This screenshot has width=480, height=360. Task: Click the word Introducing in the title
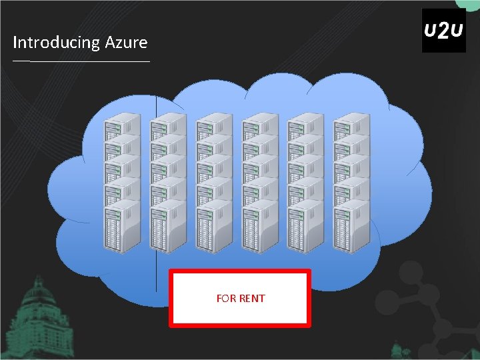click(56, 43)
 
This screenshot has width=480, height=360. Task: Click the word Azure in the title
click(126, 43)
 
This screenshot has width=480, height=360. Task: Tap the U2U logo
click(444, 31)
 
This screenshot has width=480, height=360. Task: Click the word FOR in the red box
click(226, 299)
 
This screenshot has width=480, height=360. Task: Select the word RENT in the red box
click(252, 299)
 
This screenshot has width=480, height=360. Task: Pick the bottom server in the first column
click(122, 229)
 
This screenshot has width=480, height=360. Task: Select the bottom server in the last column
click(351, 229)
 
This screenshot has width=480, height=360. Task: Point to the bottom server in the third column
click(213, 229)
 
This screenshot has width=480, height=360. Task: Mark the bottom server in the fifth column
click(305, 229)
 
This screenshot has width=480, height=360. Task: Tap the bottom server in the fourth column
click(259, 229)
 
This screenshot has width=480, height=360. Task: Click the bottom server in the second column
click(168, 229)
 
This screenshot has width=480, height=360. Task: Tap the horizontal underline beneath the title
click(81, 61)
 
